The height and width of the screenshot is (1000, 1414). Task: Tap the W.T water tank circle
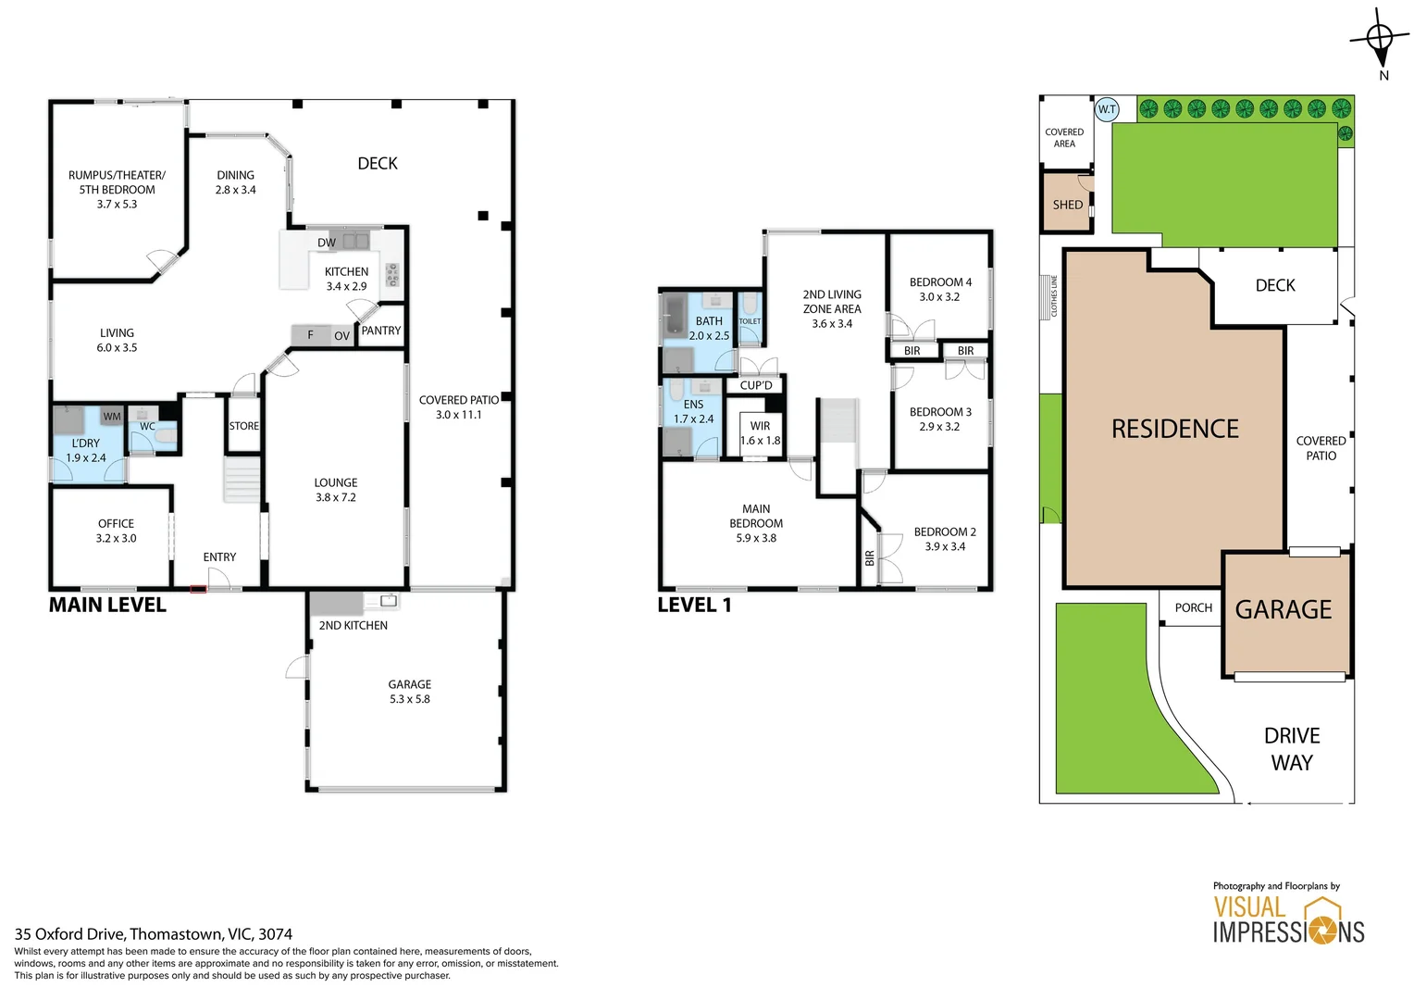(1107, 109)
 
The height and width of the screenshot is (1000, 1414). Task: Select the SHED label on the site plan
(1067, 205)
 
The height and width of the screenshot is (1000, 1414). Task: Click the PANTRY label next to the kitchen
(381, 331)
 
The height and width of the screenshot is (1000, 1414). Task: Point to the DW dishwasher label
(327, 243)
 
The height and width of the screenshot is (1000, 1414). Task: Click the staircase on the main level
(242, 481)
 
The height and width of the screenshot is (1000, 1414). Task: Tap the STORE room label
(244, 426)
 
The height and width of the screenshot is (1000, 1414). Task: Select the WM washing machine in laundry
(112, 417)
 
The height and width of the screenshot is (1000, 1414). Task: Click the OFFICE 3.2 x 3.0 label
(116, 531)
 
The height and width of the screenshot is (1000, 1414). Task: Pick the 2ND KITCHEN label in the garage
(353, 626)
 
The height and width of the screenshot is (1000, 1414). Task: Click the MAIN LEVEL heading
(107, 606)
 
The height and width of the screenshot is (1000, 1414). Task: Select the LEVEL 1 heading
(694, 606)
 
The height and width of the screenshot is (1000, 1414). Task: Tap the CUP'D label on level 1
(756, 385)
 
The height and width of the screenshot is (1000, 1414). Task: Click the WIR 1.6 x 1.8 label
(761, 433)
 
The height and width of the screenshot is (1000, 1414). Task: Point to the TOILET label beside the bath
(750, 321)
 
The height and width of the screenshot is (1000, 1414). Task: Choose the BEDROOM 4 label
(940, 289)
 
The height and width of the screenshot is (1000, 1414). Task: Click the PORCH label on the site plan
(1193, 608)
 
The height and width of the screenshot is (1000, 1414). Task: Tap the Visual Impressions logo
(1288, 919)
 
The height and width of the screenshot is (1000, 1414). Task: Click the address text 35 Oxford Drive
(153, 934)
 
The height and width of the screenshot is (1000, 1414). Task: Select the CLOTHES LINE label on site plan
(1053, 296)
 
